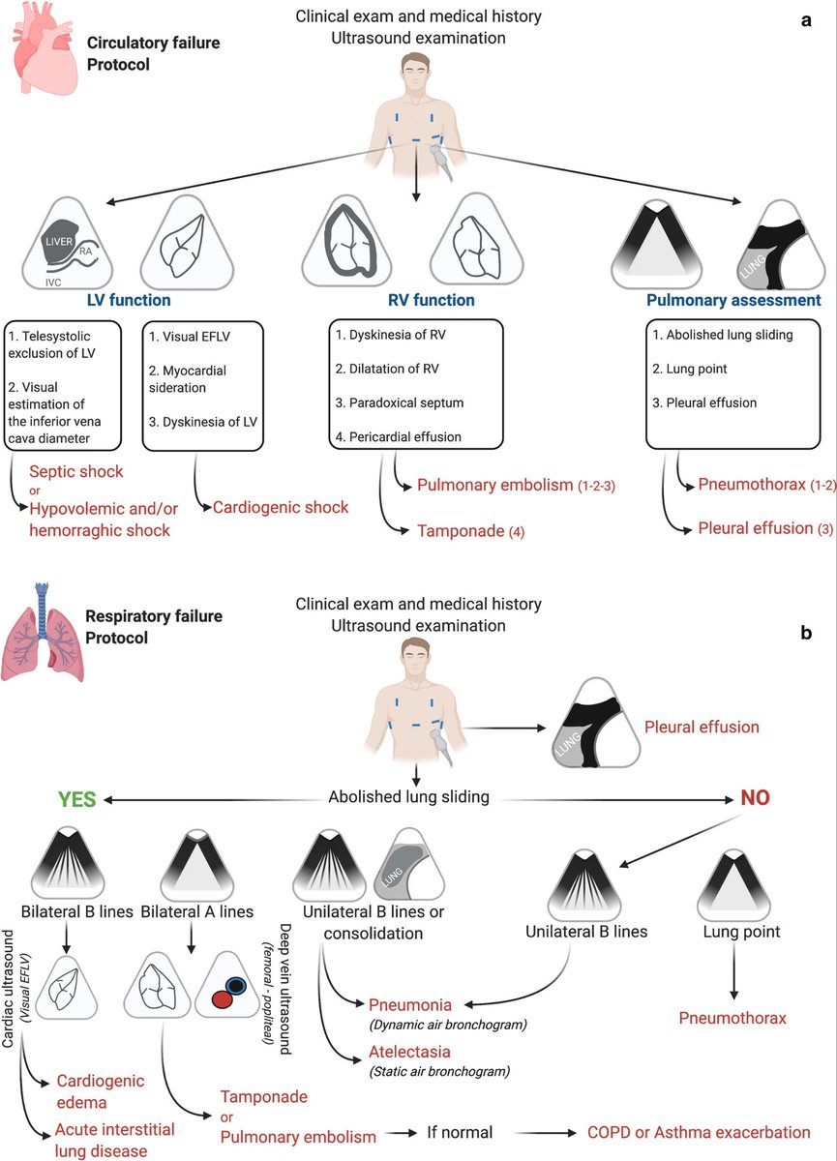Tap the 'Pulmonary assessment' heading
pyautogui.click(x=733, y=301)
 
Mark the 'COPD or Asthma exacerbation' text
pyautogui.click(x=699, y=1132)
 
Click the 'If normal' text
pyautogui.click(x=460, y=1132)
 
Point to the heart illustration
pyautogui.click(x=42, y=47)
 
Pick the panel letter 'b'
pyautogui.click(x=805, y=634)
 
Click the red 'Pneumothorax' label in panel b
pyautogui.click(x=732, y=1018)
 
